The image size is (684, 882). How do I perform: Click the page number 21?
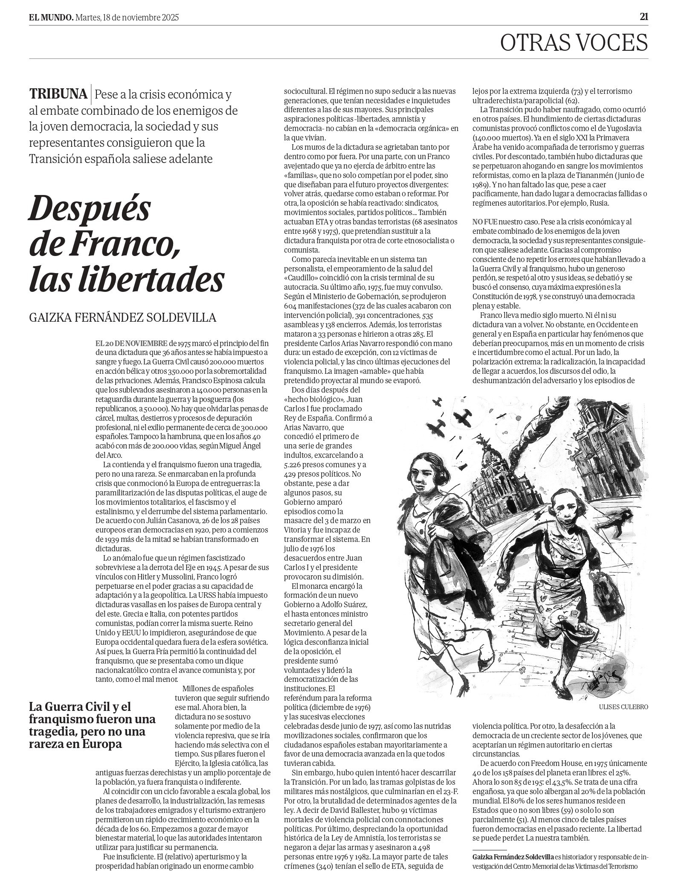tap(643, 17)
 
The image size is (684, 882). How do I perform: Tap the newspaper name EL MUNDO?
tap(51, 17)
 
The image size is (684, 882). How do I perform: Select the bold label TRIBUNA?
tap(58, 93)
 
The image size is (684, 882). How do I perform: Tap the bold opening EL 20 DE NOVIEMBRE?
tap(131, 343)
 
